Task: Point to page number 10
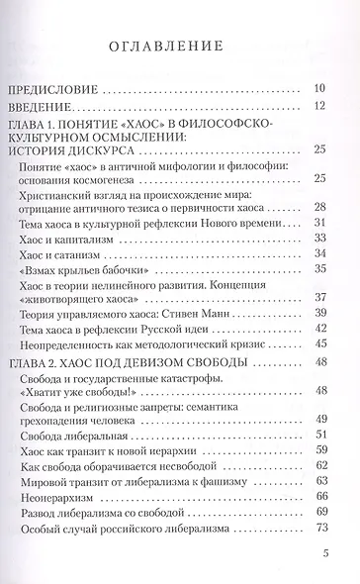pyautogui.click(x=318, y=88)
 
